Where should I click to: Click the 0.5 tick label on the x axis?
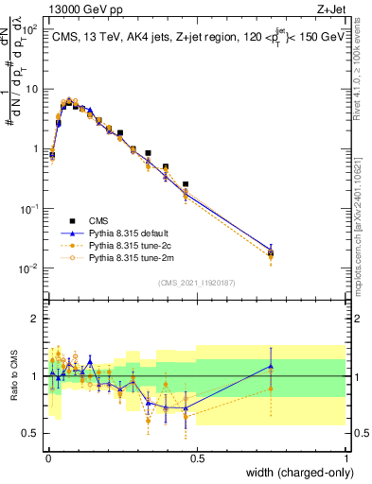coord(197,458)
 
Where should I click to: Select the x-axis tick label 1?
coord(345,458)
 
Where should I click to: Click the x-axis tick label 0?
coord(47,458)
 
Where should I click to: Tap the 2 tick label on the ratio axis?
coord(36,319)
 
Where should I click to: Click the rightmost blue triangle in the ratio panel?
coord(271,366)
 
